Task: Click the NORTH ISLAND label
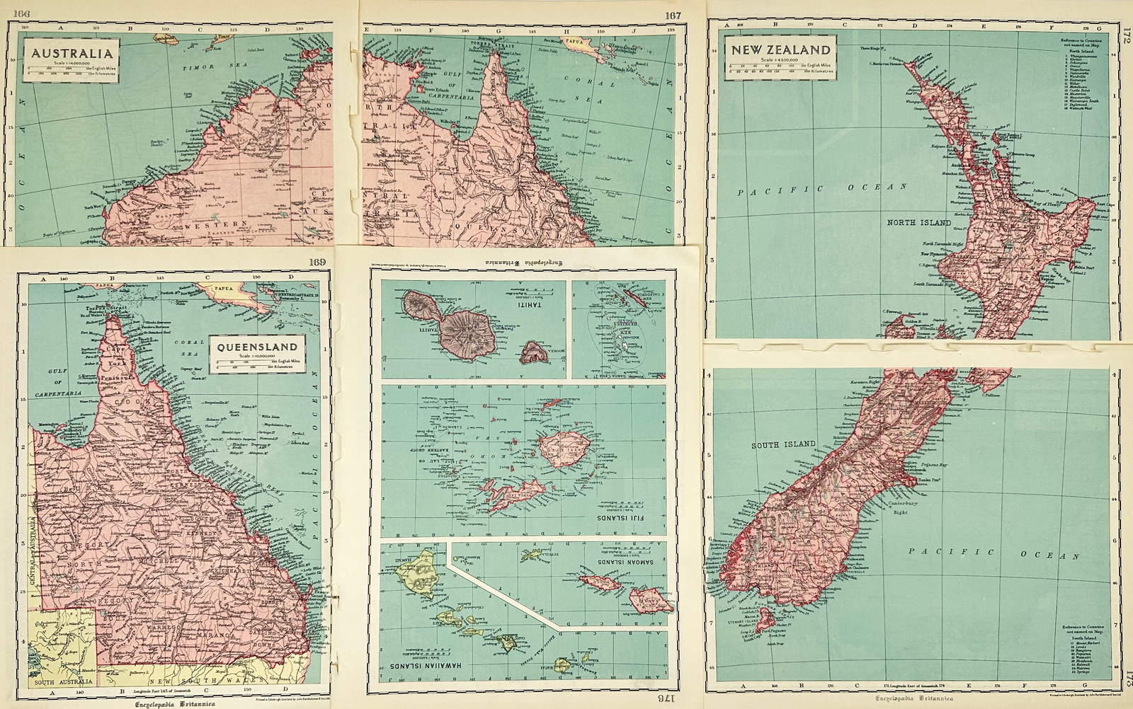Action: (x=918, y=222)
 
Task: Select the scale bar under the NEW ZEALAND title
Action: (x=781, y=69)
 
